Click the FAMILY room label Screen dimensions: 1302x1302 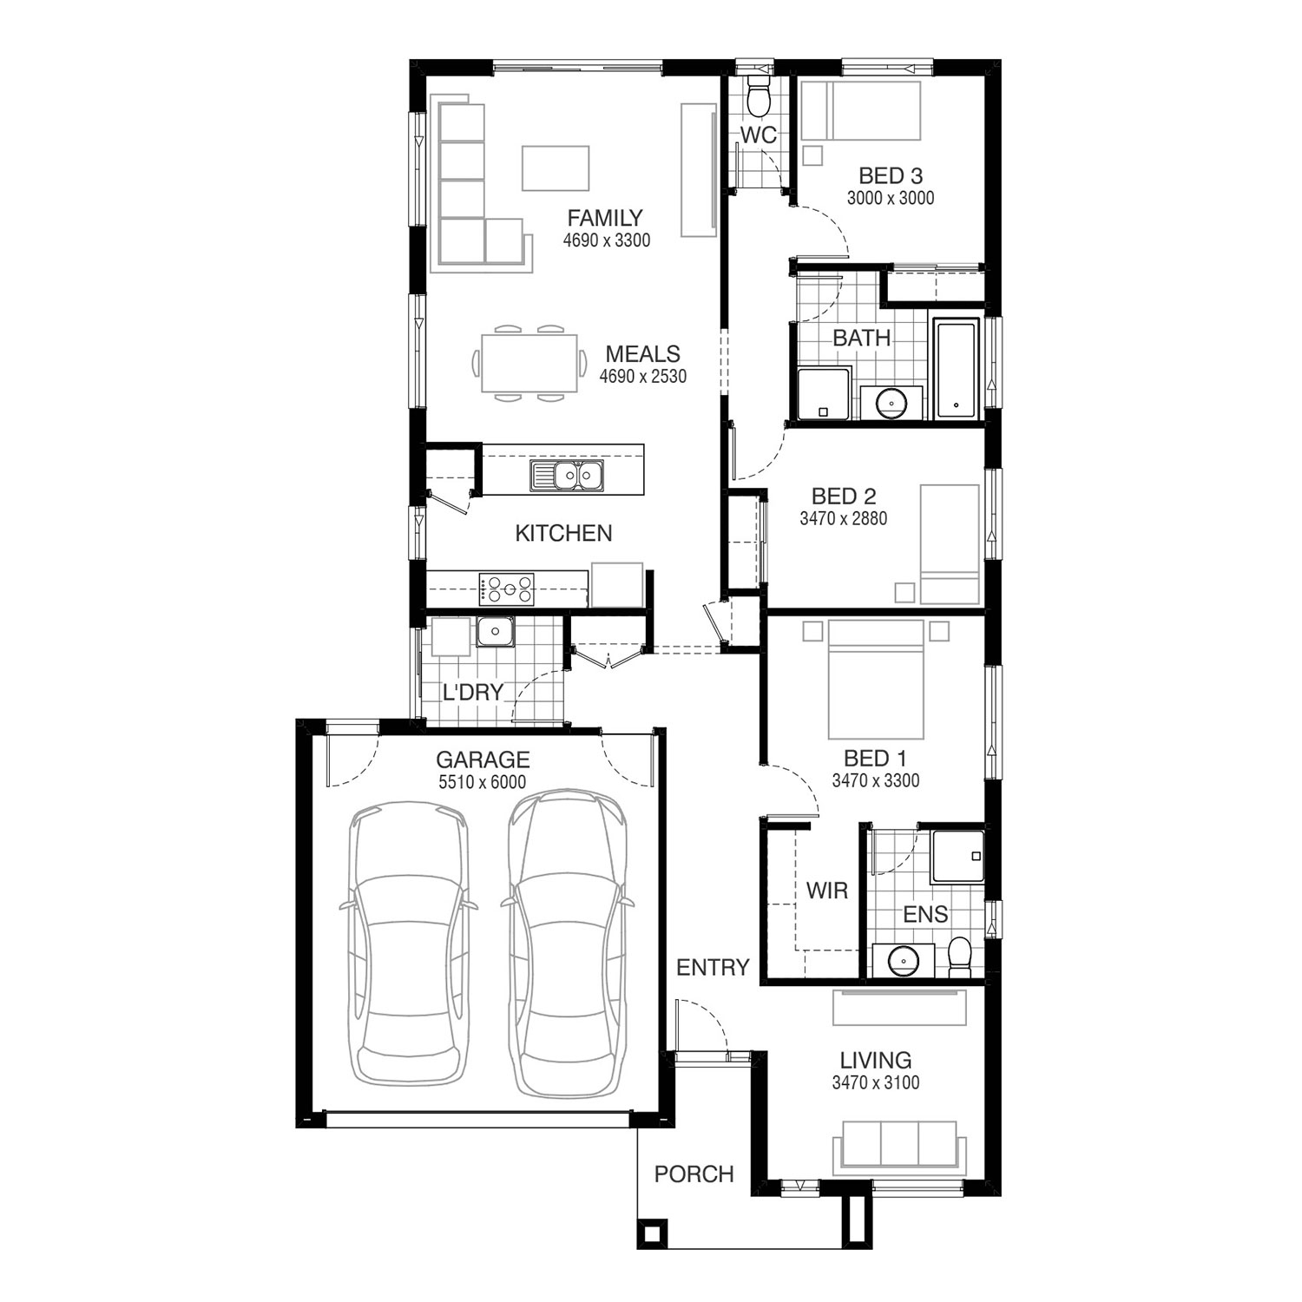(605, 218)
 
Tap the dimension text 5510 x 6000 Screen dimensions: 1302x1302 (483, 782)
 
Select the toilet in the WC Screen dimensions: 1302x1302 (759, 97)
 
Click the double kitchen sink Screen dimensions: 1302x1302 (566, 476)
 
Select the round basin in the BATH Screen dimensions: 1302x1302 (891, 403)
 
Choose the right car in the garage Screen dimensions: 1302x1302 (567, 942)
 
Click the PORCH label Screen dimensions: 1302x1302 (694, 1174)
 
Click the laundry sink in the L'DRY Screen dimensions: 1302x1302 (496, 632)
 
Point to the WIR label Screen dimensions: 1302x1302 (826, 891)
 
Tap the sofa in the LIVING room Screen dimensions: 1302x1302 (898, 1146)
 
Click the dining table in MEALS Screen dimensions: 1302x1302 (526, 363)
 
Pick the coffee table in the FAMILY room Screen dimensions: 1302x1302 (556, 168)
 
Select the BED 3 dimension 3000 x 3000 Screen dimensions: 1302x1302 (891, 198)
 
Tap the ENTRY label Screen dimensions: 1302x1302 (713, 967)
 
